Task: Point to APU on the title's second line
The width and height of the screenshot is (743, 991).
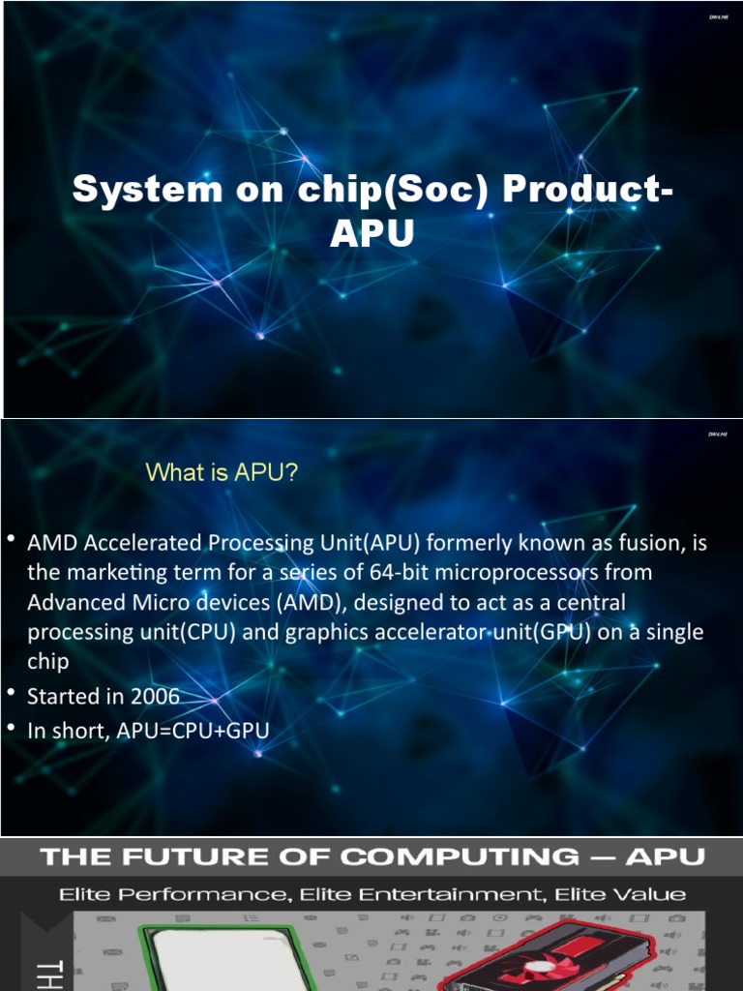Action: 371,233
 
